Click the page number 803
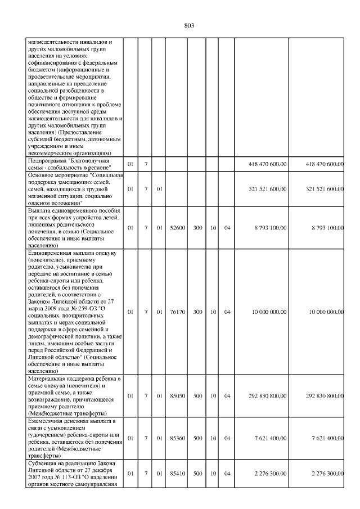pyautogui.click(x=189, y=25)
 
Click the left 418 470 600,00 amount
pyautogui.click(x=268, y=164)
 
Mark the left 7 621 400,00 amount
pyautogui.click(x=271, y=438)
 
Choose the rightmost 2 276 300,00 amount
pyautogui.click(x=326, y=474)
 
